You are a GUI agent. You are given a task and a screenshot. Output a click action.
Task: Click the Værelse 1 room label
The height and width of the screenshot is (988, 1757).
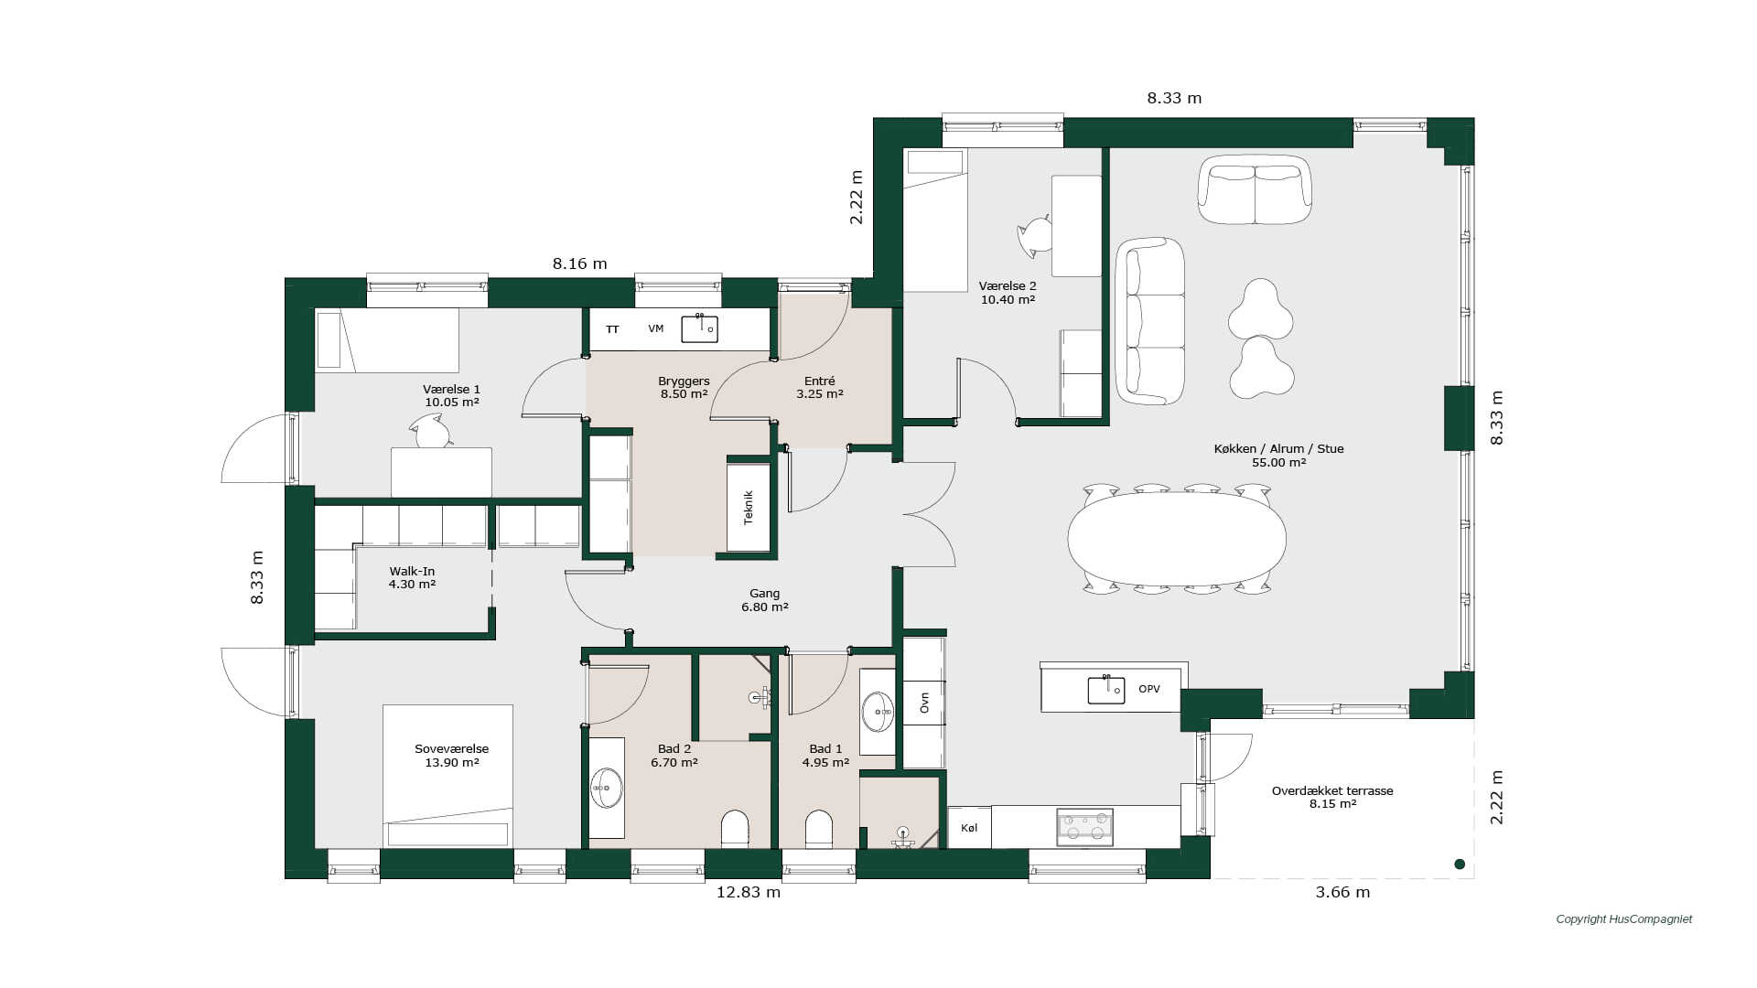coord(451,395)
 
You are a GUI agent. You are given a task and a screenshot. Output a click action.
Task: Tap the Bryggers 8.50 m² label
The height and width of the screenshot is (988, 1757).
coord(684,388)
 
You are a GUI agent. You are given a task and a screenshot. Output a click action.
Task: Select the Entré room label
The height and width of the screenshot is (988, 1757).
coord(819,388)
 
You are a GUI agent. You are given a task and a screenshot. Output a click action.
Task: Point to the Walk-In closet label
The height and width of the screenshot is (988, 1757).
coord(412,577)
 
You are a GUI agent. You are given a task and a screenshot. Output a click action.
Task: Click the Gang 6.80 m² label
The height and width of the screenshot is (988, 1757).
coord(764,600)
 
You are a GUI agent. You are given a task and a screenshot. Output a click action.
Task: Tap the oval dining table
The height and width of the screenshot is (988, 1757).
coord(1177,539)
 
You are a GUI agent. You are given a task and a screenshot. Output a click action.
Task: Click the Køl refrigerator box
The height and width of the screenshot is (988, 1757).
coord(969,828)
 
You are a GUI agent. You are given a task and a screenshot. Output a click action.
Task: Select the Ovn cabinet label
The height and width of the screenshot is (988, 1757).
coord(924,703)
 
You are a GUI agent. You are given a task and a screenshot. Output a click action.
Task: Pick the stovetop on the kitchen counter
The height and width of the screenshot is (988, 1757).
coord(1085,827)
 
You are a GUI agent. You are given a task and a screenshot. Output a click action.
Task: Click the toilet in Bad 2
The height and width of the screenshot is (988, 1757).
coord(735,828)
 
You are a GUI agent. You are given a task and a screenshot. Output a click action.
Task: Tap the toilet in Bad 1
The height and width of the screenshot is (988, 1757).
coord(819,828)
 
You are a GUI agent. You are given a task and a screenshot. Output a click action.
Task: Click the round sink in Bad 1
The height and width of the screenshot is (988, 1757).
coord(878,712)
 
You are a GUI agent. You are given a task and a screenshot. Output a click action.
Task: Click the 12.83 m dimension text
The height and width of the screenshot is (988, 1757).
coord(749,892)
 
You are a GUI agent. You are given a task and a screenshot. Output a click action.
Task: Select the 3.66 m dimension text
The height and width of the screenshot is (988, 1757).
coord(1342,892)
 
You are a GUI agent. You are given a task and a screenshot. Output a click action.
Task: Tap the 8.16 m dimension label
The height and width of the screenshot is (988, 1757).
coord(579,263)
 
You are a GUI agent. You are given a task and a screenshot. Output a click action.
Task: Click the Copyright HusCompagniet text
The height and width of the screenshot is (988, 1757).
coord(1624,919)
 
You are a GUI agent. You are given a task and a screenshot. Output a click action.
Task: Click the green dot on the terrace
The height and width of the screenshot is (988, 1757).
coord(1460,864)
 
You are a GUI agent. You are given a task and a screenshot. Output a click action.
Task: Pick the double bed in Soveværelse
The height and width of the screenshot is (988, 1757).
coord(447,776)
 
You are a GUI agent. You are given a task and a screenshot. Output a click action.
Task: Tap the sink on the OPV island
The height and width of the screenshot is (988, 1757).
coord(1106,690)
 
